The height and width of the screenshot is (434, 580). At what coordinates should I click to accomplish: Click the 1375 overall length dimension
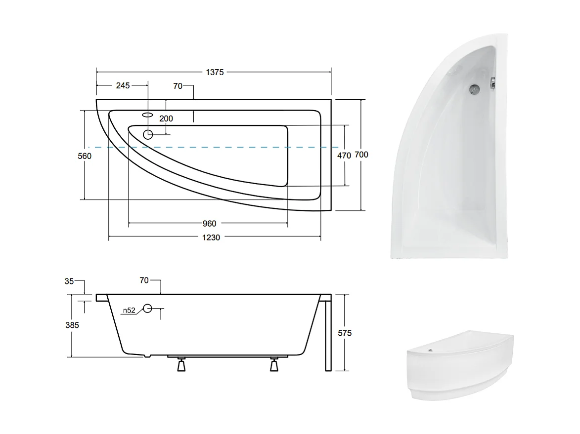coord(215,72)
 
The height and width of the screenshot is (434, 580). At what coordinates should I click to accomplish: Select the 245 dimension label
coord(123,85)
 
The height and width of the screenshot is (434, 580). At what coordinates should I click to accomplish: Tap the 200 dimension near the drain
coord(166,118)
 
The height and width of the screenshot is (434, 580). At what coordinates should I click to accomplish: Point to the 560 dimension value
coord(85,156)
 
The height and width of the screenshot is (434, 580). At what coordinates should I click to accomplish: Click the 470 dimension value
coord(344,156)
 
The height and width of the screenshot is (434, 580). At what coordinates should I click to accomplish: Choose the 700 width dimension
coord(361,155)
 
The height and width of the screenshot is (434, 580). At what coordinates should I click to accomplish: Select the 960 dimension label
coord(209,224)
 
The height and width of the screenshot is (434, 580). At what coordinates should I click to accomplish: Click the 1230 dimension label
coord(211,237)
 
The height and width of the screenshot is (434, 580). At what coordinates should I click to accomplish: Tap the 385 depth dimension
coord(72,325)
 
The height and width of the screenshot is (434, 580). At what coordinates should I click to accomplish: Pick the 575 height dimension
coord(345,333)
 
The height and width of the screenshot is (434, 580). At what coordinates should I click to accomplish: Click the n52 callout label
coord(129,310)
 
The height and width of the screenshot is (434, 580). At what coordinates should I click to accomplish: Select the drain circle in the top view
coord(148,134)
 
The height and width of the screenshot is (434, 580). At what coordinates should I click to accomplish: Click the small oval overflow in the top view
coord(147,115)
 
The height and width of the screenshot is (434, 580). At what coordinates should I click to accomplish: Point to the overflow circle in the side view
coord(147,309)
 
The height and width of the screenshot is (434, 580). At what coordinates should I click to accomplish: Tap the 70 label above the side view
coord(144,280)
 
